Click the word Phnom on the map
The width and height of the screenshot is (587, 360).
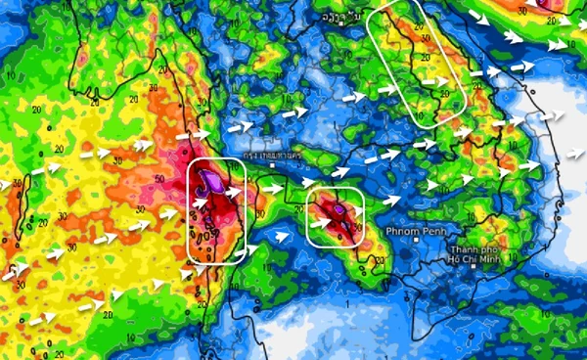tap(400, 232)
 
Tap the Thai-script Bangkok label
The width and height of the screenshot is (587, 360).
tap(271, 156)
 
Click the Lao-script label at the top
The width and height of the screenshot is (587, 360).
tap(332, 18)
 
